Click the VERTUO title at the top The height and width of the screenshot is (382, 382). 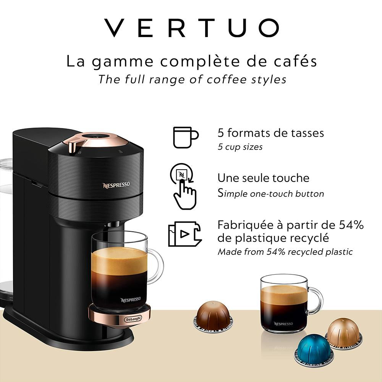click(x=191, y=28)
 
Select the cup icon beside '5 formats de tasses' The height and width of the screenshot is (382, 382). click(x=185, y=137)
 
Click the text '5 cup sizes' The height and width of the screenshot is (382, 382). click(x=240, y=147)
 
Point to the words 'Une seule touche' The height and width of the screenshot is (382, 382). click(x=263, y=178)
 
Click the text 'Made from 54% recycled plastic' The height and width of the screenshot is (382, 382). click(x=285, y=252)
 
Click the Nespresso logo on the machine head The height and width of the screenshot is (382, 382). click(x=116, y=185)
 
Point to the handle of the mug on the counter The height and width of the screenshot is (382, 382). click(x=317, y=300)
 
